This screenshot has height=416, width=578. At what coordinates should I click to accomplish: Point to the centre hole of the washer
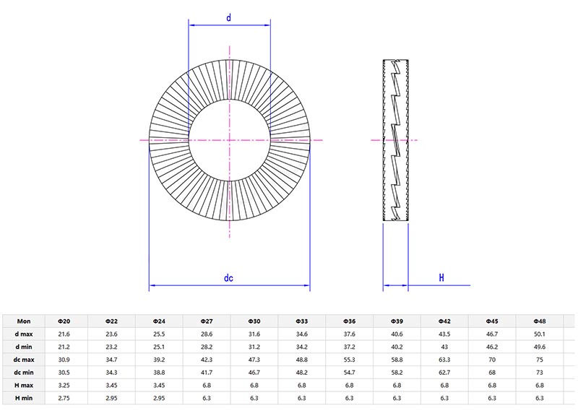point(230,139)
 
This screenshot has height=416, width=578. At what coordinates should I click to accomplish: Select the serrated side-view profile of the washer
point(394,139)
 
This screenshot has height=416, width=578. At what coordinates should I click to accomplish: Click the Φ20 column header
point(64,321)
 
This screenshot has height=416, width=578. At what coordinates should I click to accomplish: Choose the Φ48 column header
point(539,321)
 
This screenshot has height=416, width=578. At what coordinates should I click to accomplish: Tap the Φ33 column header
point(301,321)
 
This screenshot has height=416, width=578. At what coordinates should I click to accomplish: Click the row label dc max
point(24,360)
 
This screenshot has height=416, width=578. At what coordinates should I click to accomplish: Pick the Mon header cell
point(24,321)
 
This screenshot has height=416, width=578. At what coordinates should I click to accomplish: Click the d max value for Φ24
point(159,334)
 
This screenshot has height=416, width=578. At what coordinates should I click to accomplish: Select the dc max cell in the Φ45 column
point(491,360)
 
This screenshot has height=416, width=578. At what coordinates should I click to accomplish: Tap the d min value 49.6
point(539,347)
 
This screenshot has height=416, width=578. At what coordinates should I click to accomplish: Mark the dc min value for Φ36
point(349,373)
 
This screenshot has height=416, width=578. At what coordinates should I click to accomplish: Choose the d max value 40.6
point(397,334)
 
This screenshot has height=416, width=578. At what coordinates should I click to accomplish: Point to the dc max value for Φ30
point(254,360)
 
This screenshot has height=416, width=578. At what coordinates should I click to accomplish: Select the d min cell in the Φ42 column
point(444,347)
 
